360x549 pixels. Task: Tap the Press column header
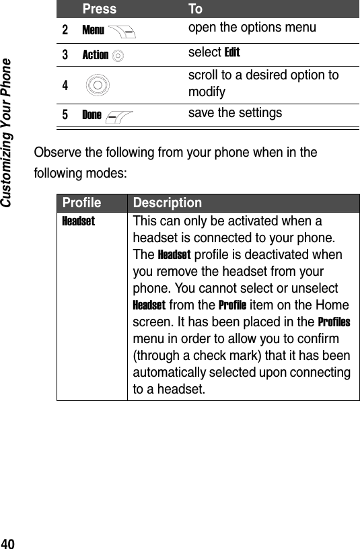[99, 9]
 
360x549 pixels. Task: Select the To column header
[195, 9]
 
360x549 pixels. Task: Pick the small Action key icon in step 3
[118, 55]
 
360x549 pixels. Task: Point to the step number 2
[65, 30]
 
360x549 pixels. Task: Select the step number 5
[65, 114]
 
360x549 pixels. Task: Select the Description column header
[167, 203]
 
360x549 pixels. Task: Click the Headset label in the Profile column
[78, 221]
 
